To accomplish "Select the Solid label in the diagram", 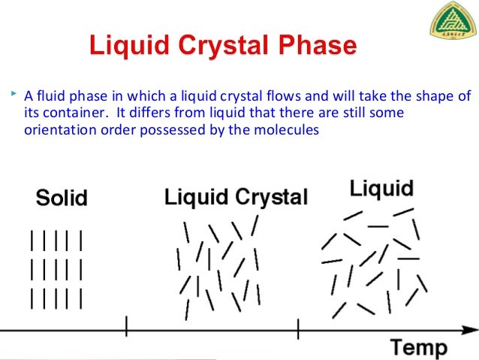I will [62, 198].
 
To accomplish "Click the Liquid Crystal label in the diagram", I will [236, 198].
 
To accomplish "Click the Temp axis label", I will [418, 347].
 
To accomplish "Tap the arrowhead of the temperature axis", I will [473, 328].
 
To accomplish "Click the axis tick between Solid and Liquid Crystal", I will [126, 327].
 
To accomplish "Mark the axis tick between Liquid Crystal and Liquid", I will [298, 327].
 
